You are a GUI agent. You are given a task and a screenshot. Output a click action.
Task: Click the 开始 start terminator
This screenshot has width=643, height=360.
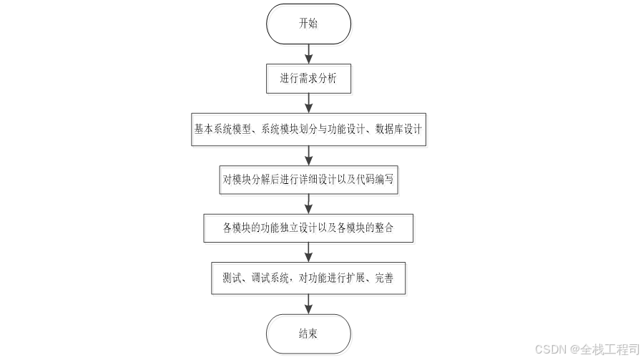pos(308,23)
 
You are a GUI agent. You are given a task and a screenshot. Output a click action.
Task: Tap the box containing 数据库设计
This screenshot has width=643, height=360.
pos(308,130)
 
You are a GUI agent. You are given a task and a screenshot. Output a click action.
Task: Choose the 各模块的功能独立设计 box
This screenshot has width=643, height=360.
pos(308,228)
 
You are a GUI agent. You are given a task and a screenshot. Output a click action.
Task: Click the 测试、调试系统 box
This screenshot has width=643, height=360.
pos(308,278)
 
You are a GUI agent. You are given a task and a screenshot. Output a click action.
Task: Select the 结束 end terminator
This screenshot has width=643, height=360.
pos(308,334)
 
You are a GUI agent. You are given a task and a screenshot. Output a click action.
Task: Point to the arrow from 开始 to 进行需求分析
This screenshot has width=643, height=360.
pos(308,53)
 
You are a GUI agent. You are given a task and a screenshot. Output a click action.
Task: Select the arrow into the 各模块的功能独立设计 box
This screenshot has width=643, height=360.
pos(308,205)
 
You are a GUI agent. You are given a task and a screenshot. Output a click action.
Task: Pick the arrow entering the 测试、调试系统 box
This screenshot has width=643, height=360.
pos(308,253)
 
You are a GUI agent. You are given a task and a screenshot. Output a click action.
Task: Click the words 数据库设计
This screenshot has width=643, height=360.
pos(398,130)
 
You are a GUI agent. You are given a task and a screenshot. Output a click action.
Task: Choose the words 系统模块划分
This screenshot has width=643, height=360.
pos(284,130)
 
